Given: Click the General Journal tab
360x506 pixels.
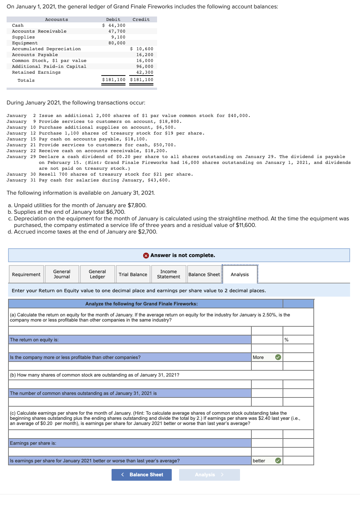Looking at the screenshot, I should [62, 274].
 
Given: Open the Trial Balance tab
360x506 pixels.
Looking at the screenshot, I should [133, 274].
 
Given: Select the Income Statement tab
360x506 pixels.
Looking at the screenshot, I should [168, 274].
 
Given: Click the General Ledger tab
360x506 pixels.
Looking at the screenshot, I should [97, 274].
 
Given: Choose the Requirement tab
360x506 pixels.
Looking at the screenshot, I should [26, 274].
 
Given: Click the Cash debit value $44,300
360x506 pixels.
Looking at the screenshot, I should [114, 25].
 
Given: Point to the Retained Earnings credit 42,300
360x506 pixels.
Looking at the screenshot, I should [145, 72].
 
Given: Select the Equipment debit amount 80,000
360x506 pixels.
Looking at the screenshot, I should [117, 43].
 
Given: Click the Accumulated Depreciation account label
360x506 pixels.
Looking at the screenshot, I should [46, 49].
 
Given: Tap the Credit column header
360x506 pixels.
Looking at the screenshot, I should [141, 19].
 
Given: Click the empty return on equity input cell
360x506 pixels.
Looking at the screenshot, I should [267, 340].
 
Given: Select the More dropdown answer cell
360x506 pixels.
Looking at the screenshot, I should [263, 357].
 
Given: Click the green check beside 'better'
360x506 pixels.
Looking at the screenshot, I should [278, 461].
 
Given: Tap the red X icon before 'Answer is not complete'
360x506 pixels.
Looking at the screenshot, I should [146, 255].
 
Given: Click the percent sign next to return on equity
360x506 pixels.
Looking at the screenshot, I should [287, 340].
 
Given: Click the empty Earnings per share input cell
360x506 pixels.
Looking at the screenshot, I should [267, 443].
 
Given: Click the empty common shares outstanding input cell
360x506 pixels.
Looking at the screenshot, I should [267, 393].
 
